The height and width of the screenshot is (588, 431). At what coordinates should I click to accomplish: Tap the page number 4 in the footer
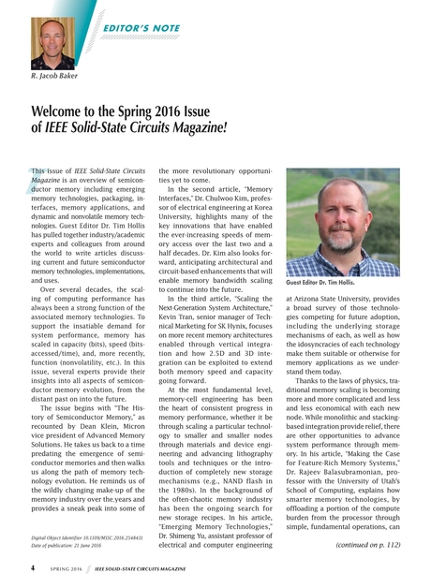click(x=34, y=567)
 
